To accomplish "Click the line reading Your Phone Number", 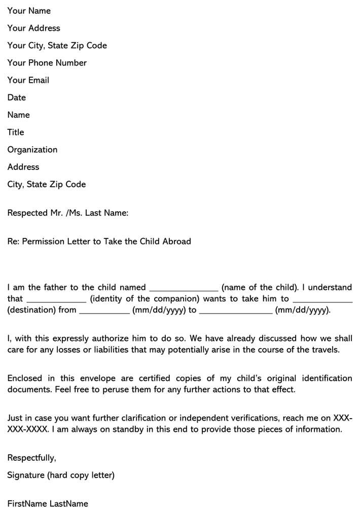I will tap(47, 63).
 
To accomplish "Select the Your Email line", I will tap(28, 80).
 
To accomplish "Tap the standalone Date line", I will tap(17, 97).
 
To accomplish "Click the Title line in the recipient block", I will tap(16, 132).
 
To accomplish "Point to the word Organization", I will tap(32, 150).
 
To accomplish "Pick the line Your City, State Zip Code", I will tap(57, 46).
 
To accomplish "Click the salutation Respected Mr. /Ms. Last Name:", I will tap(67, 213).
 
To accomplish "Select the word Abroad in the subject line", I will tap(176, 242).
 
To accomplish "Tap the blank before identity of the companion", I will tap(56, 300).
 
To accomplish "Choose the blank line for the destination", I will tap(322, 300).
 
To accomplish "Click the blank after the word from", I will tap(104, 312).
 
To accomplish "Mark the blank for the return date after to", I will tap(236, 312).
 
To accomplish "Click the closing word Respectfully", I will tap(31, 458).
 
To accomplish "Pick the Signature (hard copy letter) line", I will tap(61, 475).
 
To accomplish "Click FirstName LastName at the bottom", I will tap(48, 504).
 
